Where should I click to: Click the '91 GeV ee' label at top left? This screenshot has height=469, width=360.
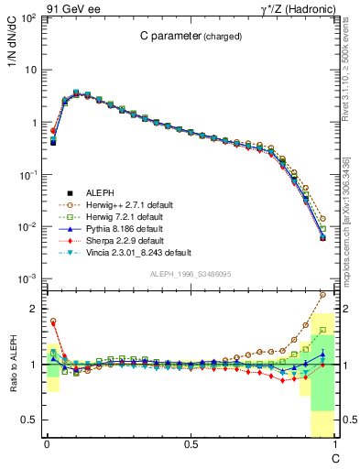pyautogui.click(x=68, y=8)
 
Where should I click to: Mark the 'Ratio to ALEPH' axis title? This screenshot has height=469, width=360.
pyautogui.click(x=16, y=365)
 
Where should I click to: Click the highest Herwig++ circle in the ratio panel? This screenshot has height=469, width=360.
pyautogui.click(x=323, y=295)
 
